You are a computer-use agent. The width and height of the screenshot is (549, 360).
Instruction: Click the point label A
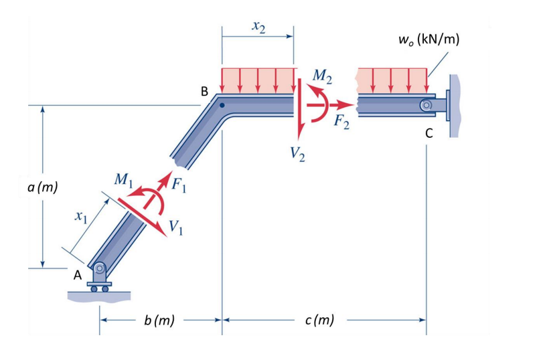pos(77,275)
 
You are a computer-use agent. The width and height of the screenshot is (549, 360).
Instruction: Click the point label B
pos(205,90)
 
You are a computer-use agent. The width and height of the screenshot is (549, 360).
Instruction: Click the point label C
pos(428,132)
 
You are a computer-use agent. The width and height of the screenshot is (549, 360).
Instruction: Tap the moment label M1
pos(123,180)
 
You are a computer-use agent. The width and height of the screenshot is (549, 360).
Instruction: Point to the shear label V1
pos(177,227)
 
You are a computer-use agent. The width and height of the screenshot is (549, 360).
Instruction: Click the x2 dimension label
pos(258,27)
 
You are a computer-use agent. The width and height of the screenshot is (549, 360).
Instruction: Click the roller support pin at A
pos(99,268)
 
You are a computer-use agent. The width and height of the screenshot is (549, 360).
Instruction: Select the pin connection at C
pos(426,105)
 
